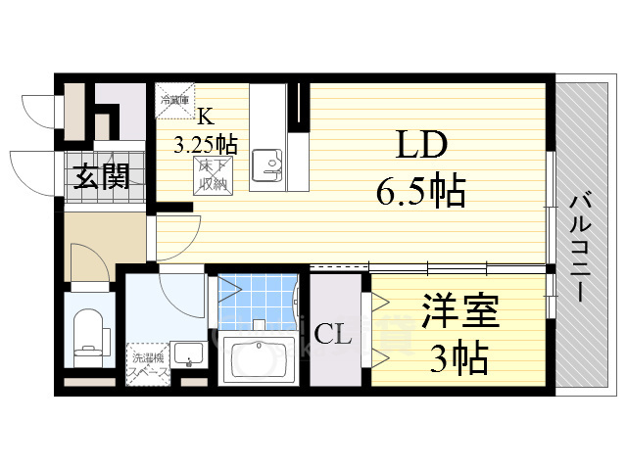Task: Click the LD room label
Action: pos(421,147)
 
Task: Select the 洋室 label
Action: pos(460,316)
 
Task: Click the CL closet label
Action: pos(334,336)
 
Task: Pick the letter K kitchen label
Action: pos(206,117)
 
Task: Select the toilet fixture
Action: pos(89,333)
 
